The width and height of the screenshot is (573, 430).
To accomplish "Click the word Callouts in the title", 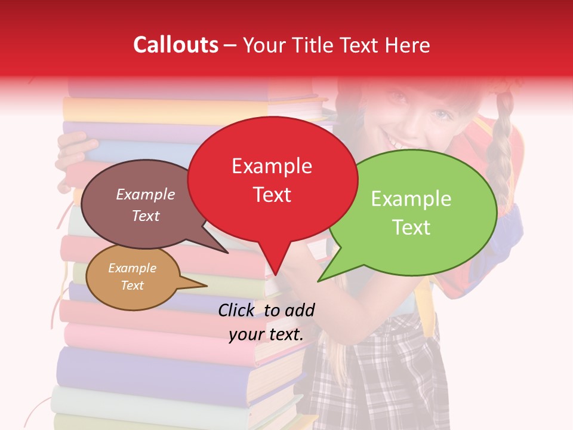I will (x=175, y=45).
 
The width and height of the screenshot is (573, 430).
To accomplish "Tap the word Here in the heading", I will (x=408, y=45).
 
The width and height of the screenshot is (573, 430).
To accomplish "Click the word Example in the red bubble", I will (x=272, y=166).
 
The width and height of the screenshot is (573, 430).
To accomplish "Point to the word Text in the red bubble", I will (x=272, y=194).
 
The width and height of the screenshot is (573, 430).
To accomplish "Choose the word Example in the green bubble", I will (x=411, y=199).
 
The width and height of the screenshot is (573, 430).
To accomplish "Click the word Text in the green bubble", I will (x=411, y=227).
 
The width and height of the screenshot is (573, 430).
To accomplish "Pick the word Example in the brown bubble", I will (x=145, y=194).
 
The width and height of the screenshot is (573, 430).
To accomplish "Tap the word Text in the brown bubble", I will (x=145, y=216).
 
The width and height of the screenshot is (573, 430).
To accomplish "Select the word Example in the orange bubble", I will (x=132, y=268).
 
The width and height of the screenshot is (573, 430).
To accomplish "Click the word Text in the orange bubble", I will (x=132, y=285).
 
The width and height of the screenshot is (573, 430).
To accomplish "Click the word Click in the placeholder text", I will (x=236, y=310).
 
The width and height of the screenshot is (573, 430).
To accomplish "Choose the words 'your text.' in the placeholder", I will (x=266, y=334).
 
